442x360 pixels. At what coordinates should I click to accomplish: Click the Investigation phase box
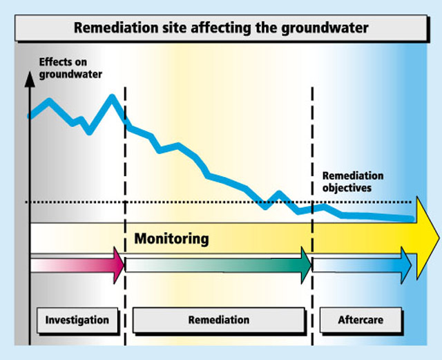77,320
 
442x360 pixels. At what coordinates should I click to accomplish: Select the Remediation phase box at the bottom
219,320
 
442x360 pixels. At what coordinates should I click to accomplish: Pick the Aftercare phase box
361,320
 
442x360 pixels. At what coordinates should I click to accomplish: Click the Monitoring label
171,238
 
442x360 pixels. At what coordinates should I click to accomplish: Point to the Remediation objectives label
353,182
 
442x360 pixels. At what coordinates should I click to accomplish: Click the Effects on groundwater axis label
70,68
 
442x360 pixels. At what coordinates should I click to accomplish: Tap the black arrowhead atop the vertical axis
30,79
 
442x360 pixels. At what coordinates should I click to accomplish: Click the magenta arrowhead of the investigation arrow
118,265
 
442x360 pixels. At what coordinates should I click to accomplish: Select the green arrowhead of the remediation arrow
306,265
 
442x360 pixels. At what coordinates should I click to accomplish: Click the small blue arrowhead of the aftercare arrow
406,265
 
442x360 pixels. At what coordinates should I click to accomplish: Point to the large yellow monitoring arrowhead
427,238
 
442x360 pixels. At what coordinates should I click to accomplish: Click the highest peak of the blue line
112,97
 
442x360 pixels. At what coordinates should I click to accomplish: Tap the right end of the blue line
412,219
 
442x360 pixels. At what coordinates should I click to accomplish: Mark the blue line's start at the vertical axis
30,116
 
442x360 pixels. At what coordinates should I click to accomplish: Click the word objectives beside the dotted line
347,188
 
